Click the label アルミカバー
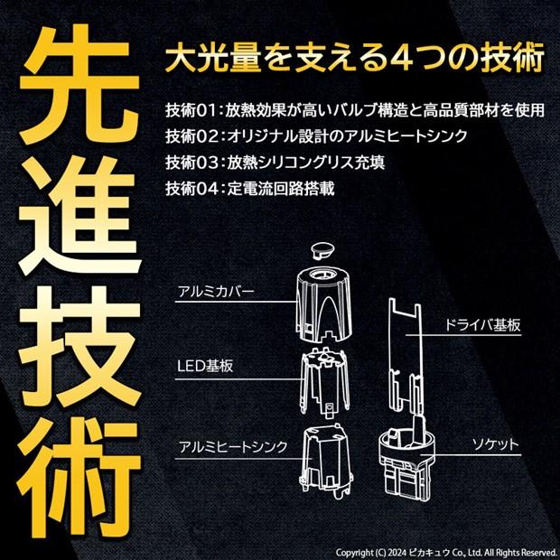click(x=216, y=293)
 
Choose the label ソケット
click(x=495, y=444)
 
